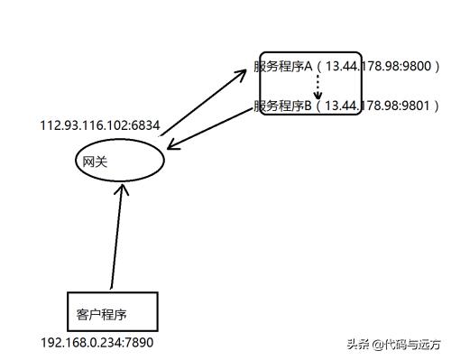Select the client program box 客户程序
113,310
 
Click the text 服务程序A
282,68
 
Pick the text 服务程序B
282,106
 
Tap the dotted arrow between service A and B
318,88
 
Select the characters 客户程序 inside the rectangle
100,315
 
